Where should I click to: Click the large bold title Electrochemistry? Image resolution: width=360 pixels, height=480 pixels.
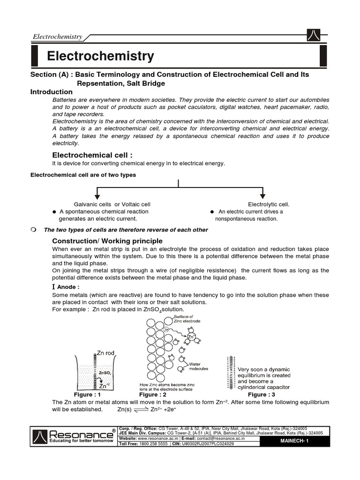[x=100, y=57]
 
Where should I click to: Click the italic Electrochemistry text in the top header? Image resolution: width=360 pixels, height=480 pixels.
[x=57, y=37]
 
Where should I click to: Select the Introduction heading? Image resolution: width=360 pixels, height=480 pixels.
[x=52, y=92]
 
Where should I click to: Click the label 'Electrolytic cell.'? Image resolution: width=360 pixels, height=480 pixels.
[x=269, y=204]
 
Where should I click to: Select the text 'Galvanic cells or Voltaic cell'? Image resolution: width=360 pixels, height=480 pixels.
[x=112, y=204]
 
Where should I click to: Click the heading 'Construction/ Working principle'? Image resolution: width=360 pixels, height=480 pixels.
[x=107, y=240]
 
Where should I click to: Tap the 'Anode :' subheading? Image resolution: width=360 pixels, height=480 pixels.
[x=68, y=287]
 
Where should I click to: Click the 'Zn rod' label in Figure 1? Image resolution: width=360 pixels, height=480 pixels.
[x=105, y=352]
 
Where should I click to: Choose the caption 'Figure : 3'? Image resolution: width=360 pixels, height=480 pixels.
[x=263, y=395]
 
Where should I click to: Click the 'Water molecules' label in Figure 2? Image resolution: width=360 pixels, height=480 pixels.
[x=199, y=366]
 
